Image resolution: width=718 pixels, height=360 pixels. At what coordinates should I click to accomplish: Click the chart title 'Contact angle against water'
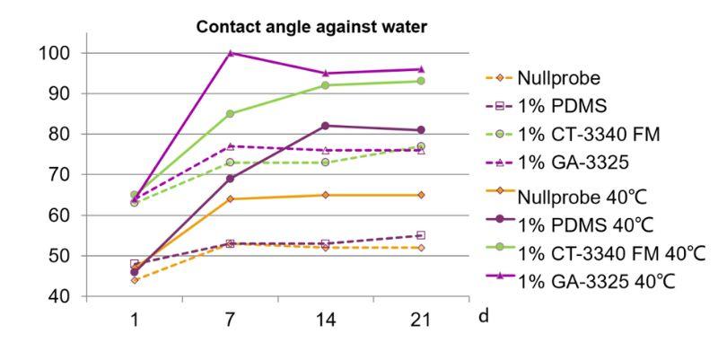tap(312, 28)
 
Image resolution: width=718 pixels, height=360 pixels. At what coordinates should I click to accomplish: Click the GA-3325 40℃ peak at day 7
tap(231, 53)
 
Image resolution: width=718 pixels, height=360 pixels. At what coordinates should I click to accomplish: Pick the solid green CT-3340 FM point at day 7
tap(231, 113)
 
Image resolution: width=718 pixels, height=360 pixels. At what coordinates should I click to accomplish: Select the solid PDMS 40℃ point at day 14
tap(325, 126)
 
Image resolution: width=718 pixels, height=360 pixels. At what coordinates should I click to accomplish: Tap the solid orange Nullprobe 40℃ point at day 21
tap(420, 195)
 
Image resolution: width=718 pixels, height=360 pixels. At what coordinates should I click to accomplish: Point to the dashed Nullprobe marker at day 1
tap(135, 280)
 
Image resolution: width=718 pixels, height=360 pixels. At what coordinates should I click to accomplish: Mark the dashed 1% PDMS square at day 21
tap(420, 235)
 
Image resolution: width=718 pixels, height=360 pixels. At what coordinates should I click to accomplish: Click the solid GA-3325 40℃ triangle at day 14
tap(325, 74)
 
